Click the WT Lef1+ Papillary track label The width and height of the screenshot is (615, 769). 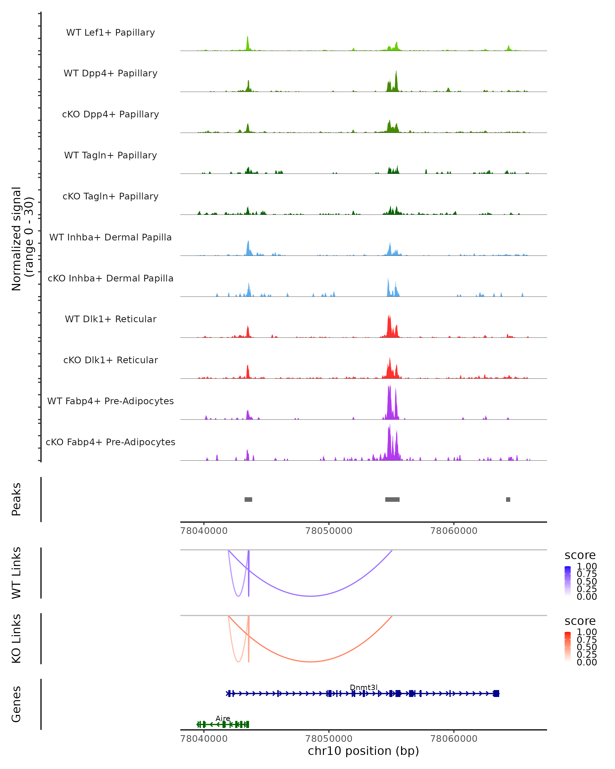click(x=110, y=33)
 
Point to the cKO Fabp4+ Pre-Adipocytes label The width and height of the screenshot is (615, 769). click(x=110, y=442)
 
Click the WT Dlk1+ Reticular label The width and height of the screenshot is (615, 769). click(x=110, y=319)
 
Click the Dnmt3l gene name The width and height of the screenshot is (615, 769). click(x=364, y=688)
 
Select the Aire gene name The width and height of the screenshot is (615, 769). click(x=223, y=718)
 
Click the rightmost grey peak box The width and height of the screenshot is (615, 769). click(x=508, y=499)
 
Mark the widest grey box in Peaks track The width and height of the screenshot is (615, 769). click(x=392, y=499)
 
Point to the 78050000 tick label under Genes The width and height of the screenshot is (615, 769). click(x=329, y=739)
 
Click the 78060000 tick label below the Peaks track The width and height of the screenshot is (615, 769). click(x=454, y=531)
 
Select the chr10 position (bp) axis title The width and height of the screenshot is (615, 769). click(x=363, y=751)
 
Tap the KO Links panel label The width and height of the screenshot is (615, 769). click(x=16, y=639)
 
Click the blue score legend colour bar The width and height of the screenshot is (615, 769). click(x=568, y=581)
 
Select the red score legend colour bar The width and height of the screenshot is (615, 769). click(x=568, y=646)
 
